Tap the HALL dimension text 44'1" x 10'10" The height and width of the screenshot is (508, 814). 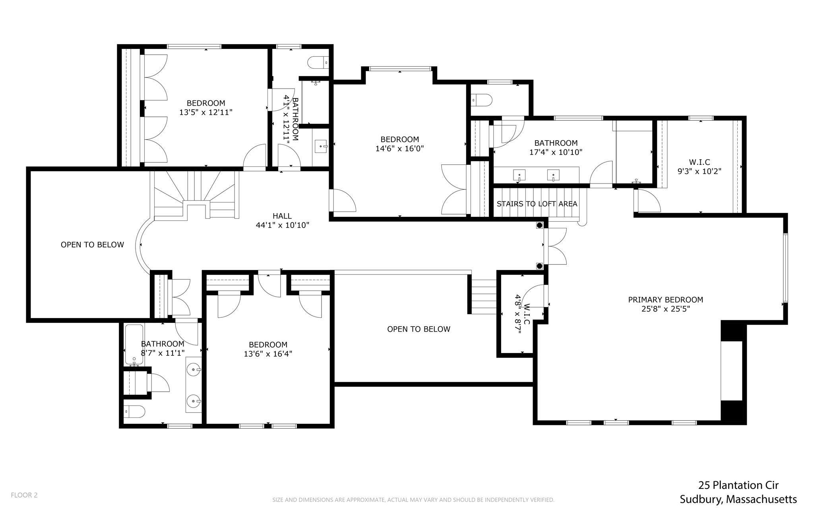coord(282,225)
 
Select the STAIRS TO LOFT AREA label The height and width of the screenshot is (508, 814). coord(537,204)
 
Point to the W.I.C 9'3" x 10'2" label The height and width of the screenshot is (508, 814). coord(699,167)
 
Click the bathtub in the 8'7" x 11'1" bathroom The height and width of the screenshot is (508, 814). coord(134,344)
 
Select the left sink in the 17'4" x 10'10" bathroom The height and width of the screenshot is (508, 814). coord(519,175)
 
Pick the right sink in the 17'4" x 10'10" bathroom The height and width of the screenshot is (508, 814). coord(553,175)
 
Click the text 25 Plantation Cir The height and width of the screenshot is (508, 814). coord(738,485)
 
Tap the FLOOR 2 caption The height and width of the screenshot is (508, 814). coord(24,495)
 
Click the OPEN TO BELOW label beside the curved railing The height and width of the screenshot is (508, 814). coord(92,245)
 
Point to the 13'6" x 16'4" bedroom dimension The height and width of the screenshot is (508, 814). coord(268,353)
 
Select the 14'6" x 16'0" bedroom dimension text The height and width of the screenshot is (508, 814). coord(399,149)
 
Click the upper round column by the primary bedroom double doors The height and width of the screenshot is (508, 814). coord(539,226)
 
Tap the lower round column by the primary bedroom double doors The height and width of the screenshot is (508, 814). coord(539,266)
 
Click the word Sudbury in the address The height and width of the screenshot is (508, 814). coord(701,499)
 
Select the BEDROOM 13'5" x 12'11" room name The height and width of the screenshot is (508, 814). coord(206,103)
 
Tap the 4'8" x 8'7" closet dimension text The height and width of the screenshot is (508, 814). coord(517,314)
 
